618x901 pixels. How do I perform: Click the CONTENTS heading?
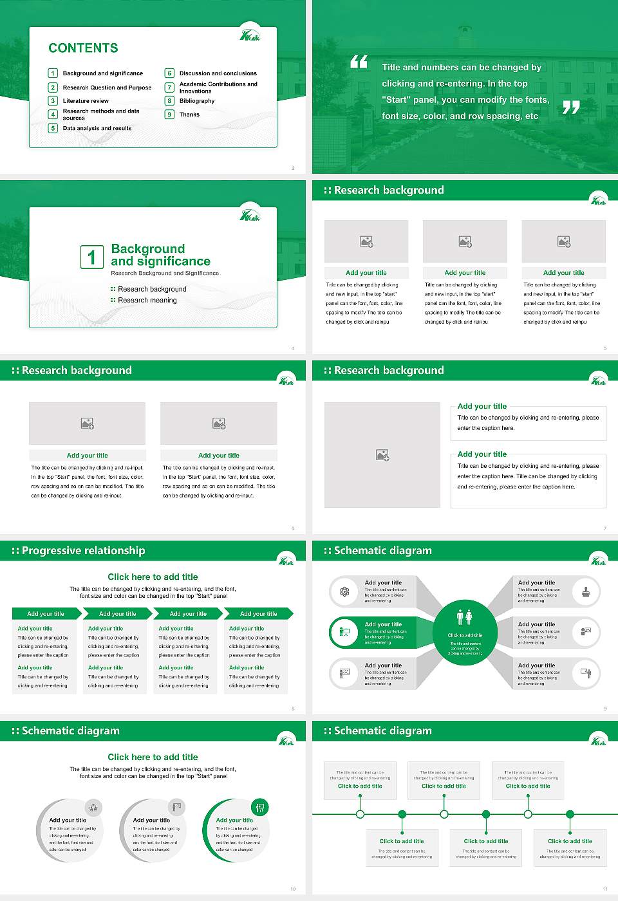83,48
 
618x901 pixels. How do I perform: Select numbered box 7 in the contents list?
170,88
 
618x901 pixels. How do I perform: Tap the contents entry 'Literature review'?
86,101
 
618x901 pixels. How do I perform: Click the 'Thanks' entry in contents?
189,115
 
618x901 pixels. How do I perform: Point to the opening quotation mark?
359,62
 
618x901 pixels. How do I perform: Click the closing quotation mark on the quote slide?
571,107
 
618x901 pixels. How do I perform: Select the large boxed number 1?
91,257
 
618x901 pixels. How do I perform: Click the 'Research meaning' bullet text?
147,301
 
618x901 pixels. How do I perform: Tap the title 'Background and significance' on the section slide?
160,255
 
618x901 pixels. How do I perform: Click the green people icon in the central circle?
464,617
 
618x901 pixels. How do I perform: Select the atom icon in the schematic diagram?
344,591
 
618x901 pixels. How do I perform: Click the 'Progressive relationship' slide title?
83,551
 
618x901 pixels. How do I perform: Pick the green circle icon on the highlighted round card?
259,807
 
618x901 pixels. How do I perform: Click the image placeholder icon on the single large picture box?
382,455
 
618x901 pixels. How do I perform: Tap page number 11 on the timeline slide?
604,889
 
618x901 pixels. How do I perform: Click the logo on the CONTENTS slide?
250,35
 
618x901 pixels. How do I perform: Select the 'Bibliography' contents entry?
197,101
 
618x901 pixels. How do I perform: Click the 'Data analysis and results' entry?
97,129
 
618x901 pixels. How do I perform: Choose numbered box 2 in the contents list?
53,88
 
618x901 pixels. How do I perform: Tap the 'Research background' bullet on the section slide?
152,290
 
